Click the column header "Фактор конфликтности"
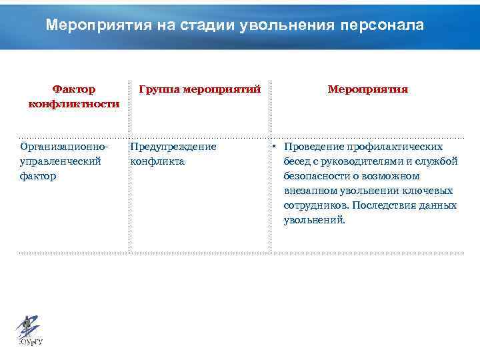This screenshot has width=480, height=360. (x=74, y=96)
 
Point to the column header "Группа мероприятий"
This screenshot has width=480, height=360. (x=199, y=89)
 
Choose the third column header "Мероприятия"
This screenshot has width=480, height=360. (x=368, y=89)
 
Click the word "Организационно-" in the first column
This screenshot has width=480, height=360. (x=64, y=147)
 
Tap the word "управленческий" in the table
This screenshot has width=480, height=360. (x=61, y=161)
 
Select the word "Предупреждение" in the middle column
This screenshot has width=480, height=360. (x=173, y=147)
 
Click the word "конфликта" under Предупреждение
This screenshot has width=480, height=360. (x=158, y=161)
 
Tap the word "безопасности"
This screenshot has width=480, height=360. (x=315, y=176)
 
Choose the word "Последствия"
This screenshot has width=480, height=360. (x=385, y=205)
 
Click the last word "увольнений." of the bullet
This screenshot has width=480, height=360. (x=315, y=220)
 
